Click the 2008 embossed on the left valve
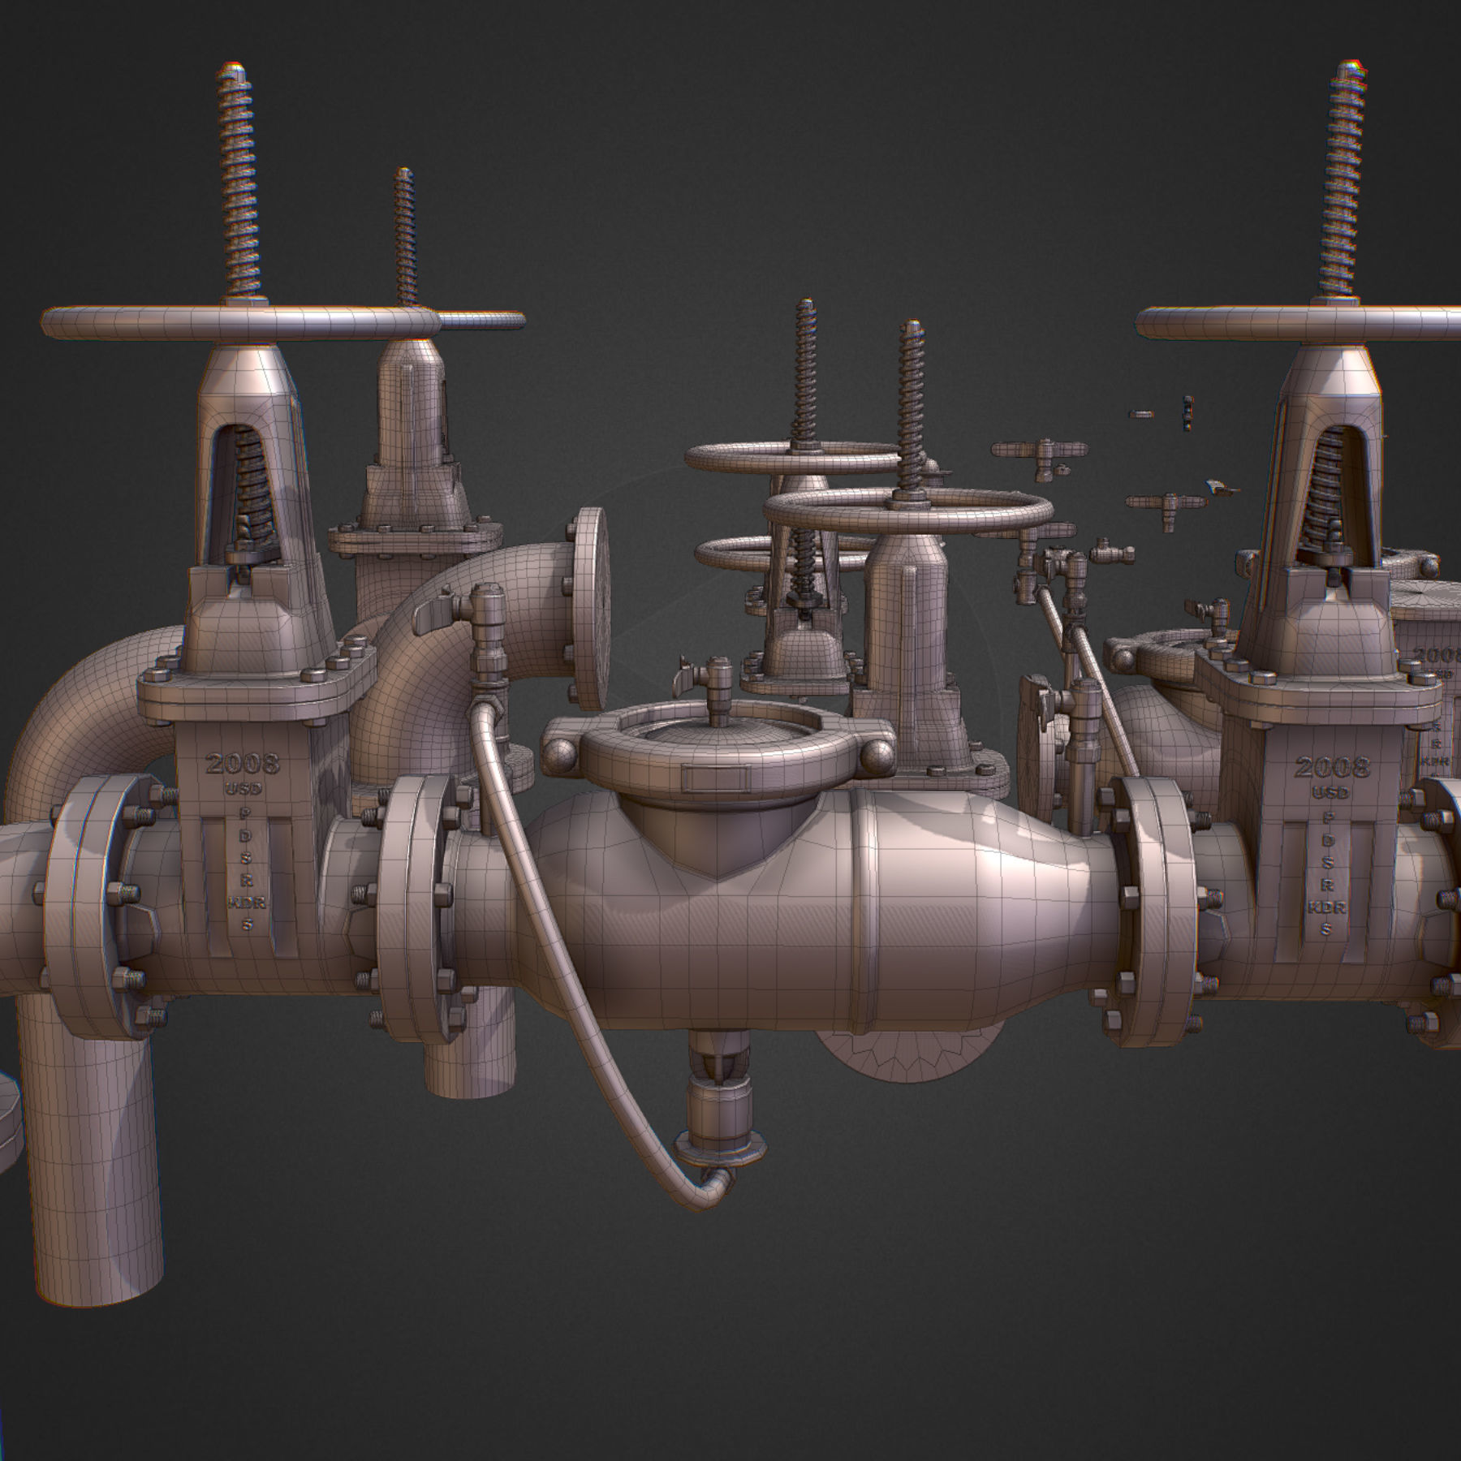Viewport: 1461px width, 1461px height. pos(242,763)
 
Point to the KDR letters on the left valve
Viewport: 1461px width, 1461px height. pos(241,902)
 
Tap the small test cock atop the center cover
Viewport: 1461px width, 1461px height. pos(718,677)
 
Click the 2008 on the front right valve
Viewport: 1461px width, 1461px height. pos(1331,766)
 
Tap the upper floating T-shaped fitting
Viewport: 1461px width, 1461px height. pos(1039,451)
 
